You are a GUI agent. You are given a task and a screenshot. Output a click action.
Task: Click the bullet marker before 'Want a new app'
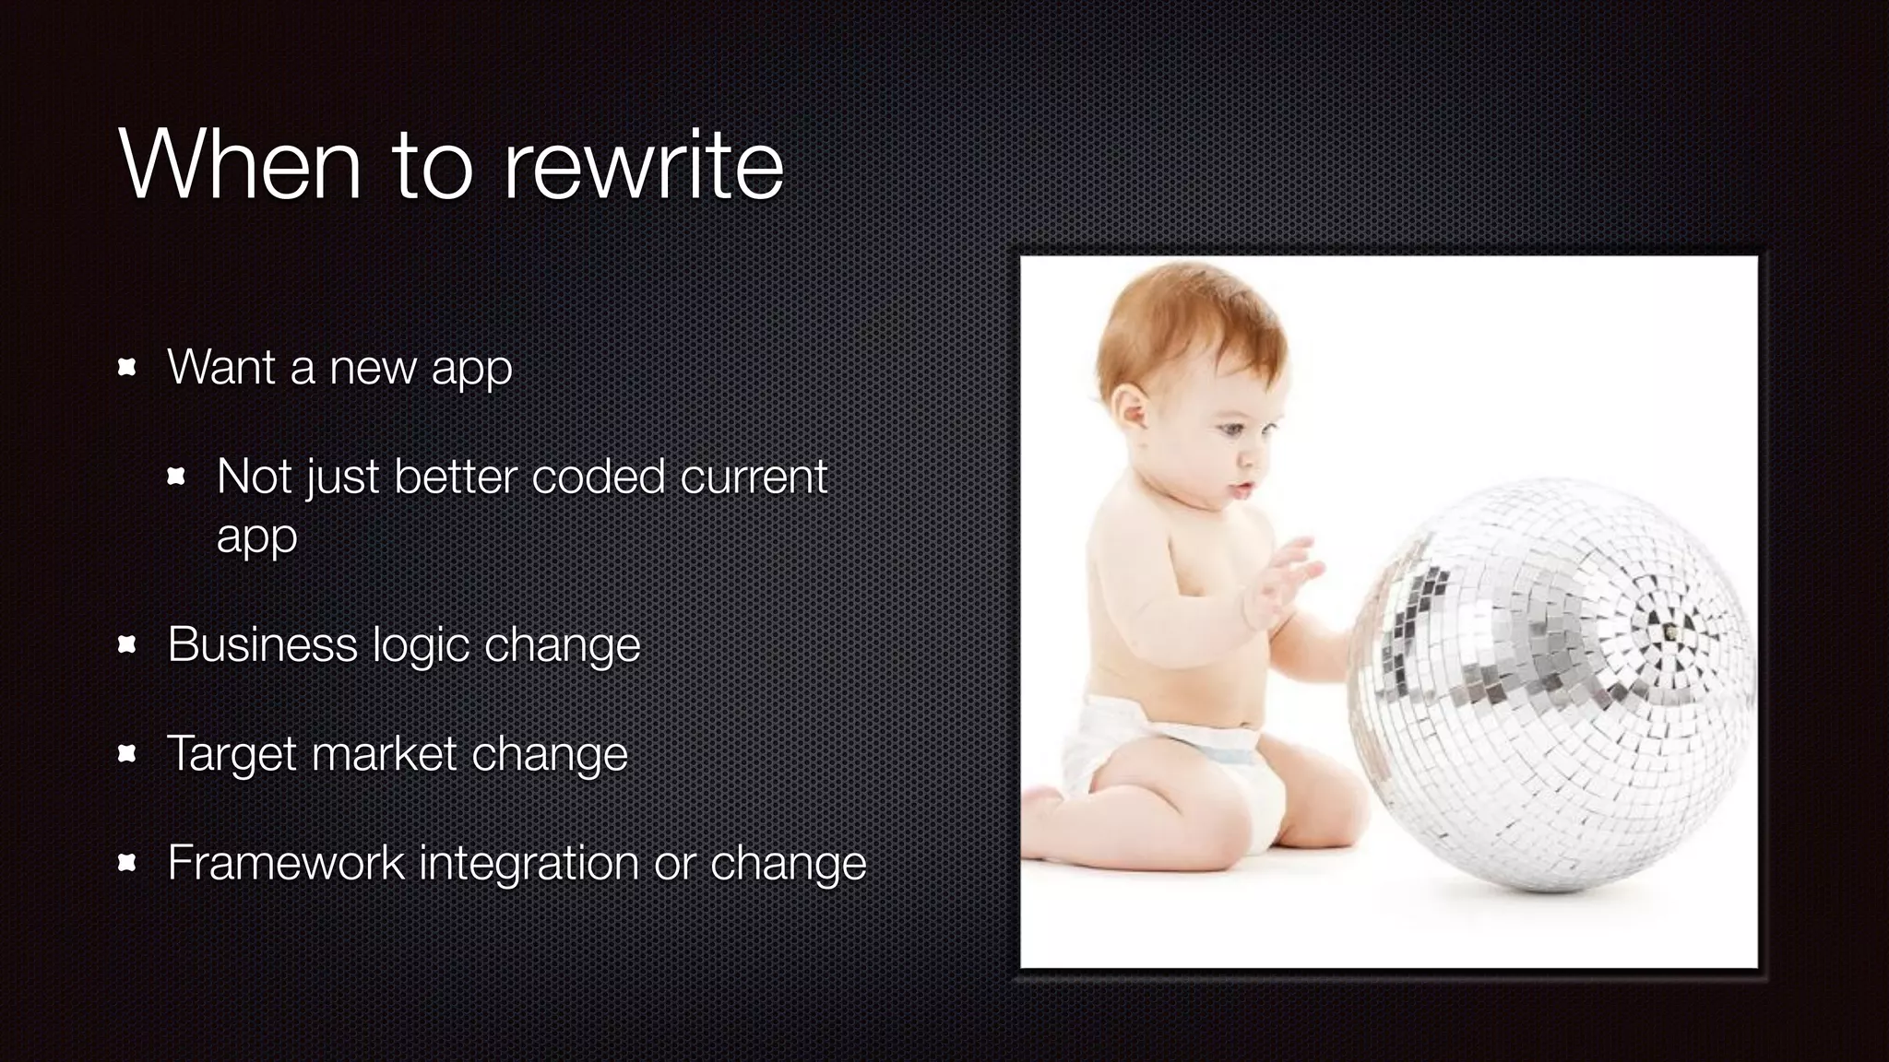coord(127,368)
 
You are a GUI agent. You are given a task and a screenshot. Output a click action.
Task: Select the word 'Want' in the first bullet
coord(221,367)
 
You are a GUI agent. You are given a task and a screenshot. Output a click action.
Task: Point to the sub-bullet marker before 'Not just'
coord(176,477)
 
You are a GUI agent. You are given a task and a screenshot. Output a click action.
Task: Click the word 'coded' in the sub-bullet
coord(598,477)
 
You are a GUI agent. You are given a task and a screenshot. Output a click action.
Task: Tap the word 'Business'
coord(262,643)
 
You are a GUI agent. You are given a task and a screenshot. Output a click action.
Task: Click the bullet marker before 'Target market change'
coord(127,755)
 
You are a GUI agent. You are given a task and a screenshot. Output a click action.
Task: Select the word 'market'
coord(384,754)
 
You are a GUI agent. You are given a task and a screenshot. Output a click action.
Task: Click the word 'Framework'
coord(286,863)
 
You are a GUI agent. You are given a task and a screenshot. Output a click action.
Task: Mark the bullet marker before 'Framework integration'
coord(127,864)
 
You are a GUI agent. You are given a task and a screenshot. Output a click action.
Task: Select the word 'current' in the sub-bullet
coord(754,477)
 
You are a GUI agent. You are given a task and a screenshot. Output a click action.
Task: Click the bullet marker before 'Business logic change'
coord(127,645)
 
